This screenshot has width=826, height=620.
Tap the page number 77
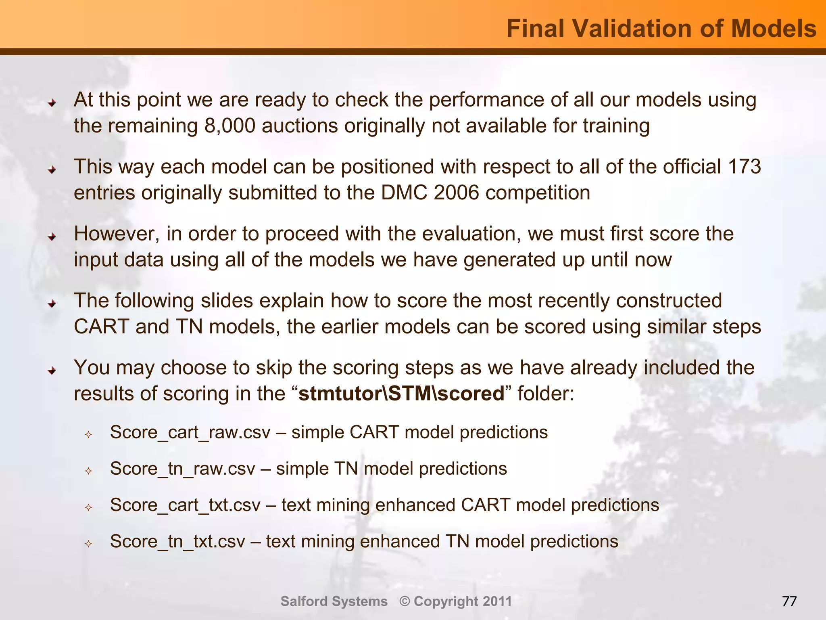[x=789, y=601]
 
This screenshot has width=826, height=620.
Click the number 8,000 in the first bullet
[x=230, y=126]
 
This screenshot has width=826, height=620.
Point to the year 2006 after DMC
[x=457, y=193]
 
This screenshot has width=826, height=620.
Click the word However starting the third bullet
[x=117, y=234]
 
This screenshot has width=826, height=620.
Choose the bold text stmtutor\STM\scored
[x=401, y=394]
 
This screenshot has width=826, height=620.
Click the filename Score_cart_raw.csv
[x=190, y=432]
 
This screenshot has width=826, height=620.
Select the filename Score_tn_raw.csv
[x=182, y=469]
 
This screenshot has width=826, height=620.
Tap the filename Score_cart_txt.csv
[x=185, y=505]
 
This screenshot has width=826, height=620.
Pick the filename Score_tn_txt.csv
[x=177, y=541]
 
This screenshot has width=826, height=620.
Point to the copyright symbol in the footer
[x=405, y=601]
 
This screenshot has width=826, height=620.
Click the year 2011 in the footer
[x=497, y=601]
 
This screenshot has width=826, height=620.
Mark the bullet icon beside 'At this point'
[x=52, y=103]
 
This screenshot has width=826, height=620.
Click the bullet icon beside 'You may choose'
[x=52, y=370]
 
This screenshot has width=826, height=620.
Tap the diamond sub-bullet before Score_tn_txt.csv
[x=88, y=544]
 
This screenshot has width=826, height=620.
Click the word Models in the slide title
[x=774, y=29]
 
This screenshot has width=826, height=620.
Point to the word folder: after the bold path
[x=545, y=394]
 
